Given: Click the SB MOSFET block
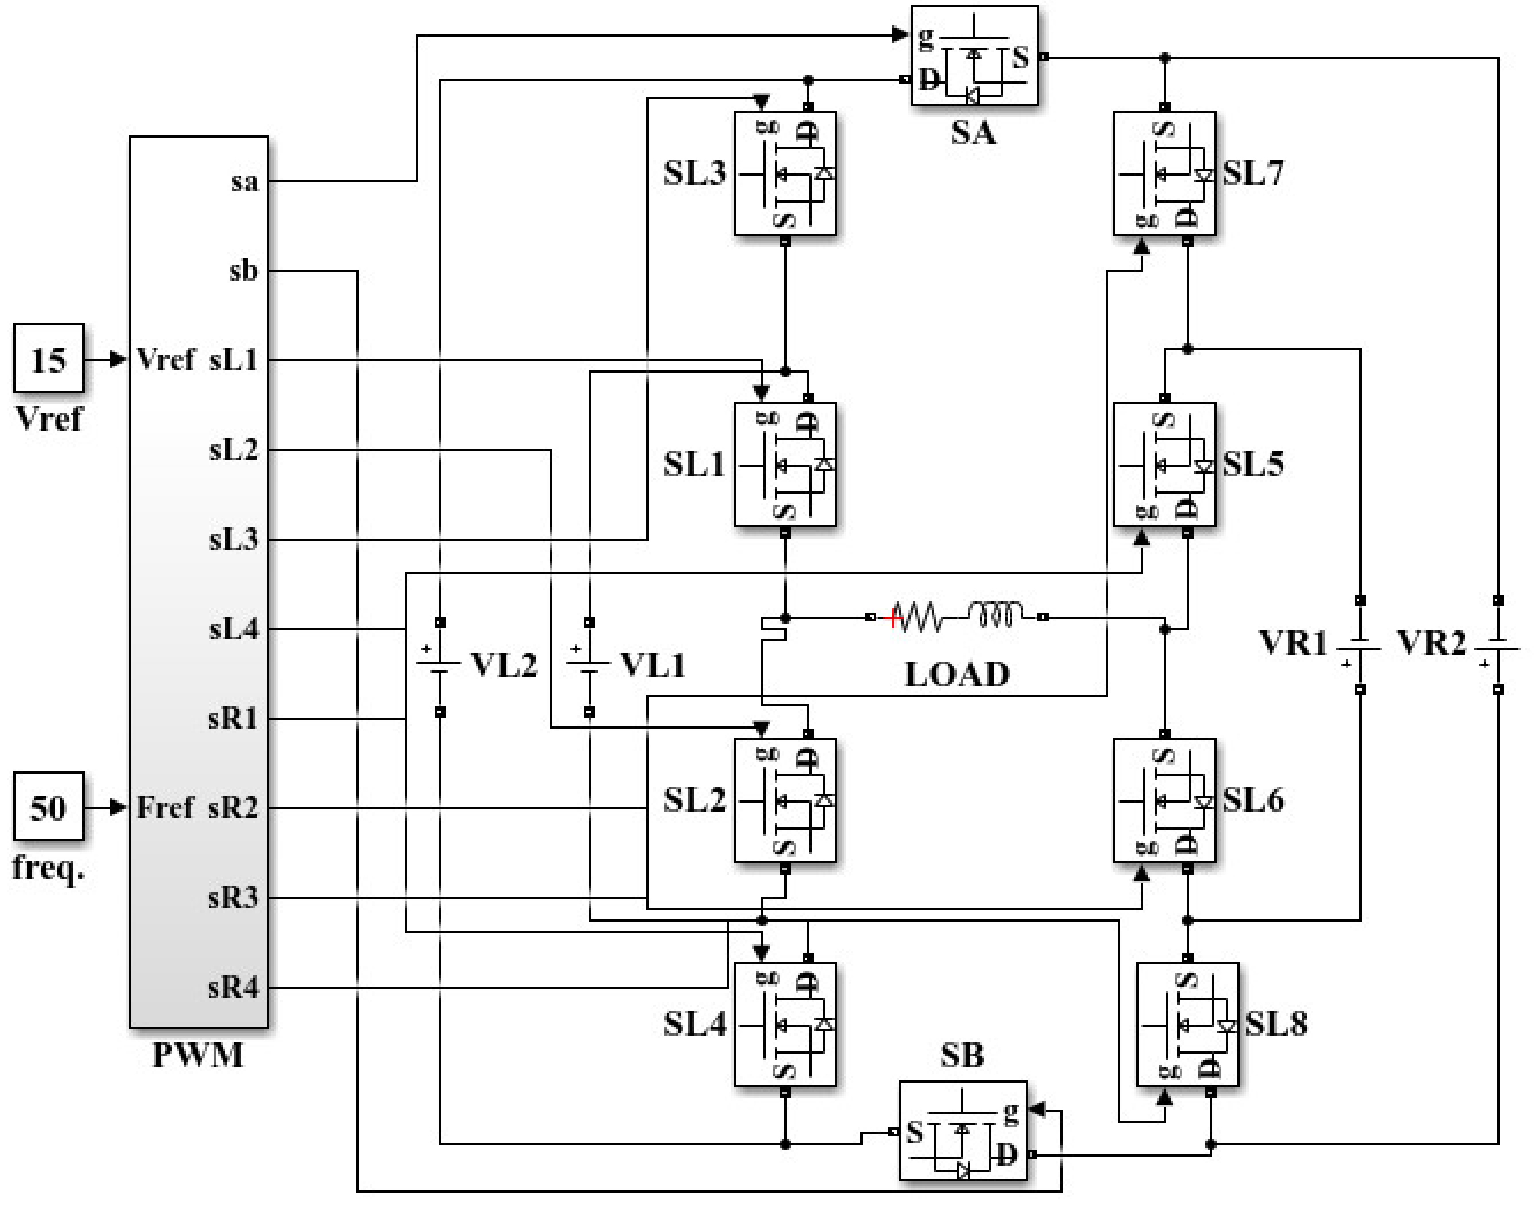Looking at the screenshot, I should (963, 1131).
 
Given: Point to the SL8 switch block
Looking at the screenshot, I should (1188, 1025).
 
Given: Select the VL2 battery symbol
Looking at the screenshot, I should (439, 665).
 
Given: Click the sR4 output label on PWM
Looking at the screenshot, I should (234, 987).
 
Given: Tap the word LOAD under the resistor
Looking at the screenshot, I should (957, 675).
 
